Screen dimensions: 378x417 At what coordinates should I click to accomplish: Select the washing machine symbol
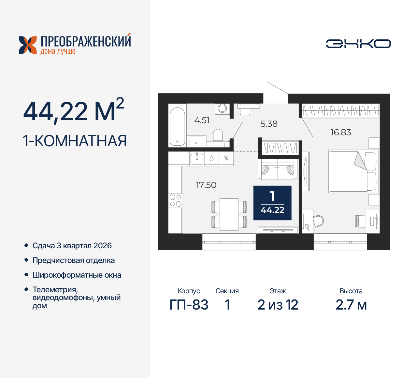(223, 108)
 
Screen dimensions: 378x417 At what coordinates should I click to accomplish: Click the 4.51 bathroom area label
(202, 120)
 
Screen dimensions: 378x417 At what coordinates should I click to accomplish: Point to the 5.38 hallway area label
(269, 124)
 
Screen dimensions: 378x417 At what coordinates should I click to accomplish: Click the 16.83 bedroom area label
(340, 132)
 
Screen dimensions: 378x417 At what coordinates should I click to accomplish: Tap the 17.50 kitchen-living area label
(206, 185)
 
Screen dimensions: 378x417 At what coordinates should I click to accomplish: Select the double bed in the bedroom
(352, 171)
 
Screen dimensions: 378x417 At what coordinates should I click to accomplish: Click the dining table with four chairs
(229, 214)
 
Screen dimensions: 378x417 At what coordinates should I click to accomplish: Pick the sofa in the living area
(278, 169)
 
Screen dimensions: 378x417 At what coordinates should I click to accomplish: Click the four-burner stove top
(175, 200)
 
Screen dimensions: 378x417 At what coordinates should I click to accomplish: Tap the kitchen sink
(197, 158)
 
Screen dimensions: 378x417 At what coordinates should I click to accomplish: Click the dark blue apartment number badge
(272, 203)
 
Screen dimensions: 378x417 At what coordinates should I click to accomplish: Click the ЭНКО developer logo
(358, 44)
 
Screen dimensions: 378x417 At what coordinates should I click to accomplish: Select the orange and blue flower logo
(28, 45)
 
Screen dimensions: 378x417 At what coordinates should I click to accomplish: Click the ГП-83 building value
(189, 305)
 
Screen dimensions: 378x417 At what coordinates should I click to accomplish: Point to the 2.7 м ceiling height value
(351, 305)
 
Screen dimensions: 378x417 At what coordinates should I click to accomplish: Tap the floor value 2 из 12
(278, 305)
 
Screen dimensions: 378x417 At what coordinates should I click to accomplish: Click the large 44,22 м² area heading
(74, 111)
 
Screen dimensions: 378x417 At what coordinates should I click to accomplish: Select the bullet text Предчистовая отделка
(74, 260)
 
